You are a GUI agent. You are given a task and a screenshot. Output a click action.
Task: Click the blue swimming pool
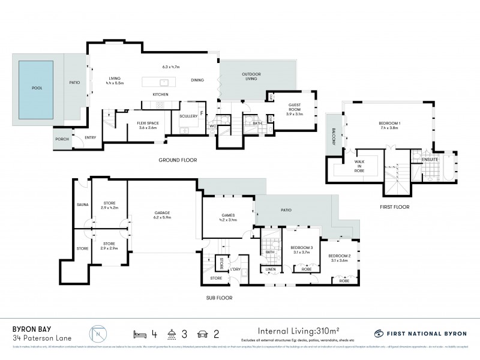(x=38, y=87)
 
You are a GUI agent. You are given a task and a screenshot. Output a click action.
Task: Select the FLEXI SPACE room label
(x=131, y=125)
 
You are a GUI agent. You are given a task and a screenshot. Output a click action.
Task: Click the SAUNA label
(x=81, y=205)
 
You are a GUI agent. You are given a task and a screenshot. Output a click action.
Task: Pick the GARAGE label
(x=163, y=215)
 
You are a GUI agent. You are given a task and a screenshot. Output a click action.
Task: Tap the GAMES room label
(x=227, y=217)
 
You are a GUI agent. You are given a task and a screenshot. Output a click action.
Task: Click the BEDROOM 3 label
(x=301, y=248)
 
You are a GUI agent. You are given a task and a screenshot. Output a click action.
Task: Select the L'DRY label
(x=235, y=269)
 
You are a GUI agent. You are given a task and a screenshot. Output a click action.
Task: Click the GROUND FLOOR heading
(x=178, y=160)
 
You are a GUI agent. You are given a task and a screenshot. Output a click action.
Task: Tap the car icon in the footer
(x=202, y=332)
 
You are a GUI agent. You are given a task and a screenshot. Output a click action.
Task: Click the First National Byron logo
(x=418, y=333)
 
